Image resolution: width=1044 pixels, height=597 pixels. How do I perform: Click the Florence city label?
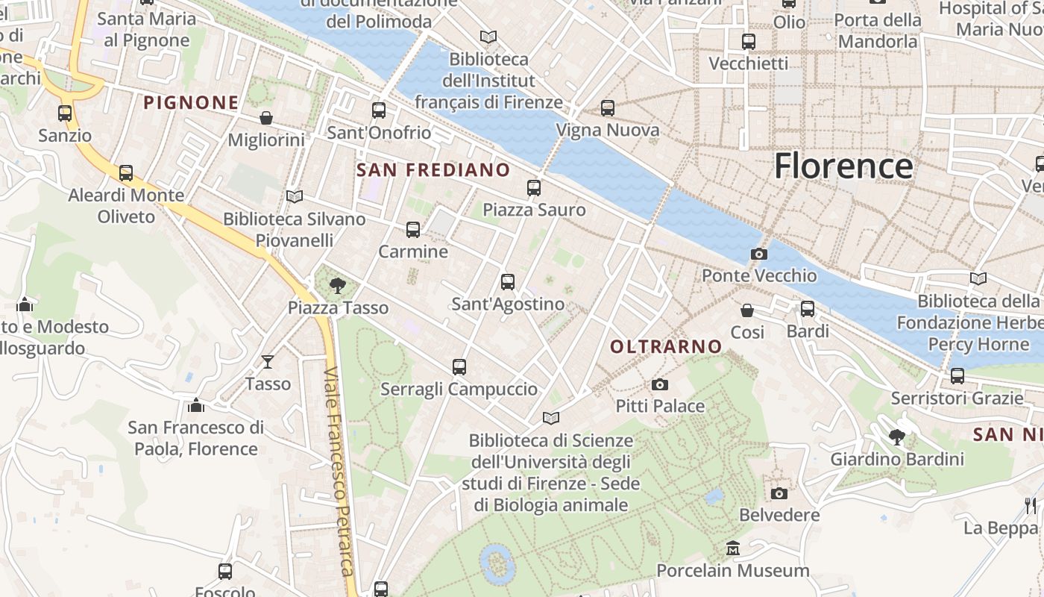(843, 166)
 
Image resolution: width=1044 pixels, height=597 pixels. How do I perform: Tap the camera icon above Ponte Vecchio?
(759, 254)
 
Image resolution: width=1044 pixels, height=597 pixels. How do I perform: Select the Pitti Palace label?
(659, 406)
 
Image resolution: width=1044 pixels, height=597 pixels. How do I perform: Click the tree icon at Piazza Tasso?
(338, 285)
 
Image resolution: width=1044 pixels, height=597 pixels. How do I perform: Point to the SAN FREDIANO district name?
(433, 170)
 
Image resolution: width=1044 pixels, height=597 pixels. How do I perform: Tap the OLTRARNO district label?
(666, 346)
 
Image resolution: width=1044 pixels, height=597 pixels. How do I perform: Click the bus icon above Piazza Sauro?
(534, 188)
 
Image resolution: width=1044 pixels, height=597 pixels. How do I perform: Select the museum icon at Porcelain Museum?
(733, 548)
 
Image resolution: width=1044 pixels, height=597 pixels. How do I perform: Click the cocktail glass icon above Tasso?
(268, 362)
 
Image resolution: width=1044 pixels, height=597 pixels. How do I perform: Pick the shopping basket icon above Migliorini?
(266, 118)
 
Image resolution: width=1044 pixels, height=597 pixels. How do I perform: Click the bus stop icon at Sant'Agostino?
(508, 282)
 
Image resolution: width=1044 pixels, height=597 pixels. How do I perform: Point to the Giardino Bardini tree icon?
(897, 437)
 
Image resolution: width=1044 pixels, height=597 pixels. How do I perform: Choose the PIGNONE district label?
(191, 103)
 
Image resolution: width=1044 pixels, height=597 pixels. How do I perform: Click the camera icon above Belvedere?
(779, 493)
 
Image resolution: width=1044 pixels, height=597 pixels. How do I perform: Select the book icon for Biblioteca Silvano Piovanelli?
(295, 196)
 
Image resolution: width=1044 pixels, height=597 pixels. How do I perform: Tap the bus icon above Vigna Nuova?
(608, 108)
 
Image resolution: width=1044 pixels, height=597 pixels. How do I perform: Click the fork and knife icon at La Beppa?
(1031, 505)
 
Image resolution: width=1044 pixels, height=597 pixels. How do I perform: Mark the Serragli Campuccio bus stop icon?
(459, 367)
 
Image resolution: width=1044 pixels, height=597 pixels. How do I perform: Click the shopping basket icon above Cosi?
(747, 310)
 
